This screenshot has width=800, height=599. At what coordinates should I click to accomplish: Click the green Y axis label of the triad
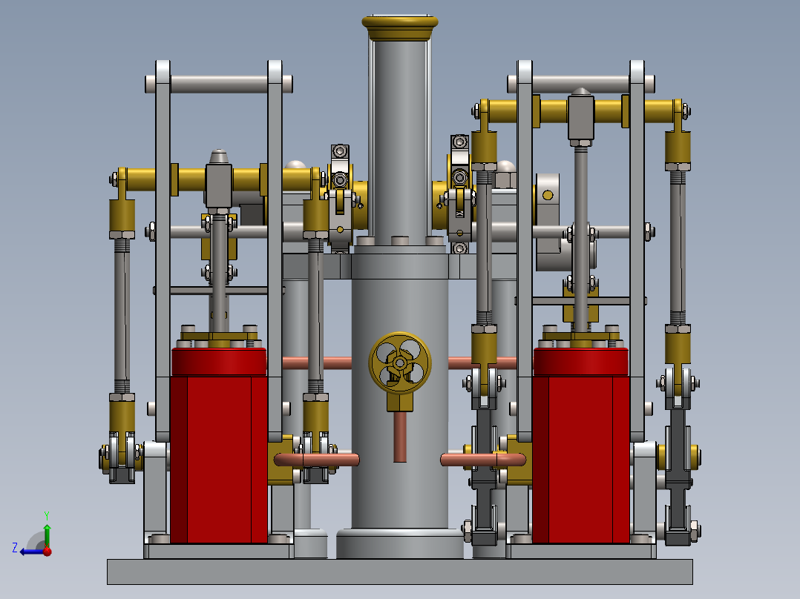pyautogui.click(x=46, y=514)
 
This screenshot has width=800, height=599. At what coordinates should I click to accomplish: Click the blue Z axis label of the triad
pyautogui.click(x=15, y=548)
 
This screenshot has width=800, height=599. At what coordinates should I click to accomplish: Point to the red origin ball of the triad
pyautogui.click(x=47, y=551)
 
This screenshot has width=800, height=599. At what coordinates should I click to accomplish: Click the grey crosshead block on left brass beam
pyautogui.click(x=220, y=186)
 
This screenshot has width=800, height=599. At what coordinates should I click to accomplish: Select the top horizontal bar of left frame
pyautogui.click(x=218, y=82)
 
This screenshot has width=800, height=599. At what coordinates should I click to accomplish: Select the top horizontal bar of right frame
pyautogui.click(x=581, y=81)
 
